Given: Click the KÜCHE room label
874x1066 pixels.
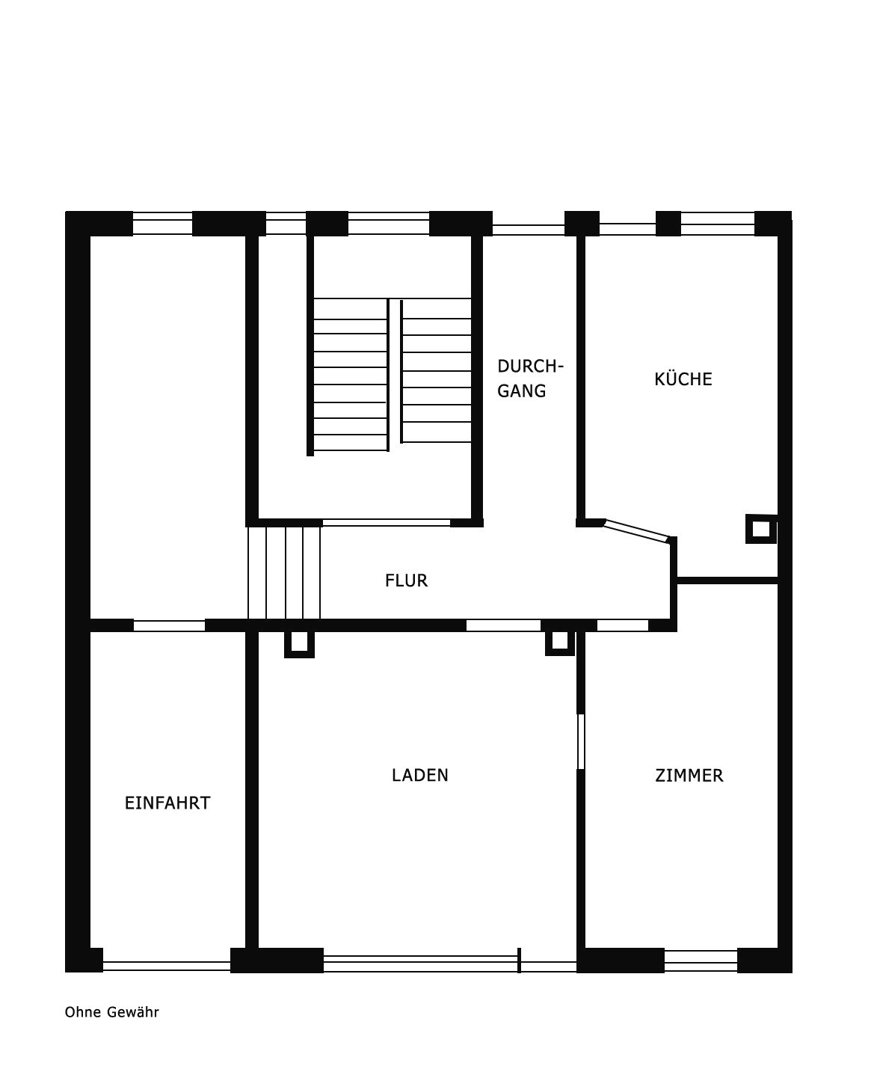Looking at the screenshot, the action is (683, 379).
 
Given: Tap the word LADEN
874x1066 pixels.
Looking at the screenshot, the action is (420, 775).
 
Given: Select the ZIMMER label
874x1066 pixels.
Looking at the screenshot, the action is (689, 775).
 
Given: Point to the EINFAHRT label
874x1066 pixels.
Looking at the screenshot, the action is (167, 803).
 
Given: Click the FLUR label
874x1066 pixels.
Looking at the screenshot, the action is (406, 581).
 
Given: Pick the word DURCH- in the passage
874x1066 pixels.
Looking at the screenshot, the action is (530, 367).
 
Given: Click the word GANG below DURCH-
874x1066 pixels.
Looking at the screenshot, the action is (521, 390).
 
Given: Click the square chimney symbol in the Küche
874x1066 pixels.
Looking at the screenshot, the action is (761, 529).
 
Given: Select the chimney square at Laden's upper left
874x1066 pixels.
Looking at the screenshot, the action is (300, 644).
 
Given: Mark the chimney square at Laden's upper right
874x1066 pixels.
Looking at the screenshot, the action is (560, 643).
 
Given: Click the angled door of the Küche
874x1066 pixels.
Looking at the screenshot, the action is (637, 532).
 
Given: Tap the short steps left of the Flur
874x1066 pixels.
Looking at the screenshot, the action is (284, 573).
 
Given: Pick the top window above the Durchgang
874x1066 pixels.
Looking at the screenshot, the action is (529, 230).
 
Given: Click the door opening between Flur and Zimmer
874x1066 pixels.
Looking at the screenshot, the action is (622, 625).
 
